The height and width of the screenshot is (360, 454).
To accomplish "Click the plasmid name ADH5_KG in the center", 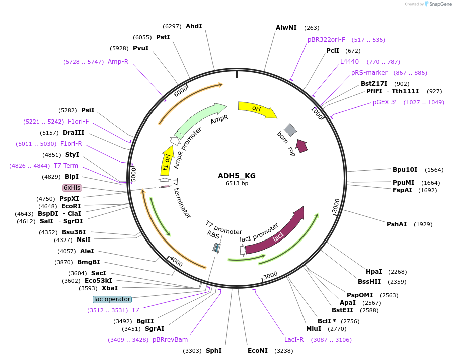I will pos(236,176).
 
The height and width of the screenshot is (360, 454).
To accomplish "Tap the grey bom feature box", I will pos(290,130).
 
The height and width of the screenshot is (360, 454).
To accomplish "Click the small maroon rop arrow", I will pos(301,146).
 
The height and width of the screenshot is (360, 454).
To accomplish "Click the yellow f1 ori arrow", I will pos(166,161).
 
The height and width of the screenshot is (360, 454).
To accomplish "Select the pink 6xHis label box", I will pos(72,188).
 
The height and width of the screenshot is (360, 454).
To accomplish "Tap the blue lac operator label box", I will pos(112,299).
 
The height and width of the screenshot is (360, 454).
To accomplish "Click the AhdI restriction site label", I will pos(194,26).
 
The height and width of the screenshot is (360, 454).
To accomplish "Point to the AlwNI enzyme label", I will pos(286,28).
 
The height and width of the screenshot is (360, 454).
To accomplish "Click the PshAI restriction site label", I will pos(397,224).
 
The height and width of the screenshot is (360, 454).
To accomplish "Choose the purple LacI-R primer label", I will pos(294,340).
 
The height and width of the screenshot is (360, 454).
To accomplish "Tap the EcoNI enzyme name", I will pos(258,351).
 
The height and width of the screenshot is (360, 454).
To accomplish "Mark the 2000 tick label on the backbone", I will pos(336,204).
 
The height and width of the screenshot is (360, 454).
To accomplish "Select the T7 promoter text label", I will pos(224,227).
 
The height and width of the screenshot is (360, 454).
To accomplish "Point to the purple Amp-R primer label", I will pos(118,61).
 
